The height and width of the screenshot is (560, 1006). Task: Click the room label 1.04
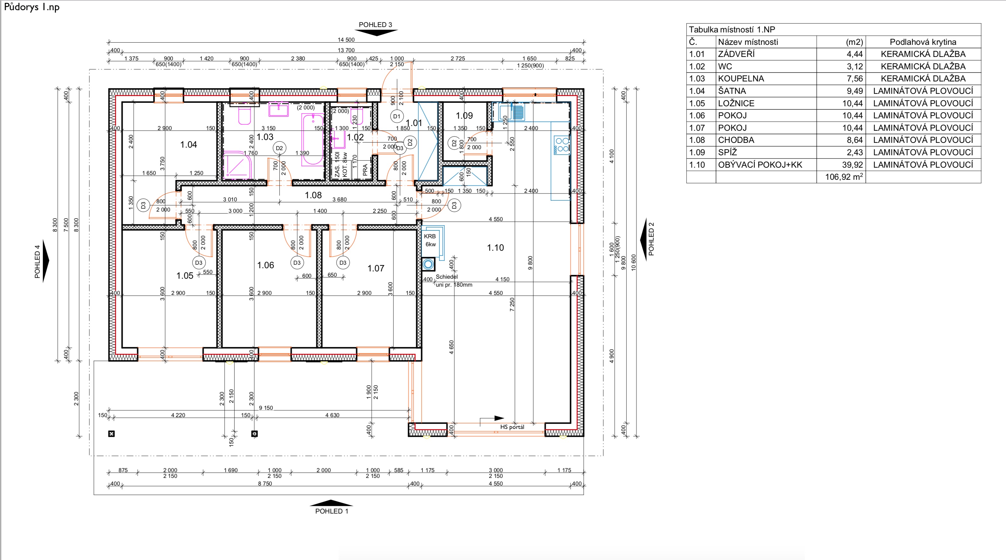point(188,144)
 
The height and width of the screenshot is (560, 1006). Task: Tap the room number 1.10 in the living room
point(495,248)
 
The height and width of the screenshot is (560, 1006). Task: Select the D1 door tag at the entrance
point(396,116)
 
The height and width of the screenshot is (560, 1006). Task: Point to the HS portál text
point(512,427)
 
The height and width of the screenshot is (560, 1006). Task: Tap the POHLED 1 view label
point(332,511)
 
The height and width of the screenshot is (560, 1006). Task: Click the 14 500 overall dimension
point(346,39)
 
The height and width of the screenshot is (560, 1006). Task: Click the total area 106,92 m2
point(844,177)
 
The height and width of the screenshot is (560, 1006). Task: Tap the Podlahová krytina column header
point(923,42)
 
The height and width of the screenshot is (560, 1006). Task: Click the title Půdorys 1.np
point(31,7)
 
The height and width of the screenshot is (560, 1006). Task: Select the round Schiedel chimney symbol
point(428,264)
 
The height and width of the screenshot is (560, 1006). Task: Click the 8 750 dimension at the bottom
point(265,483)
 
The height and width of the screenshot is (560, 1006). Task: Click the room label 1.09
point(464,116)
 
